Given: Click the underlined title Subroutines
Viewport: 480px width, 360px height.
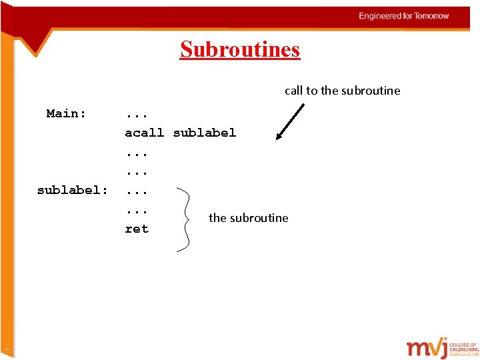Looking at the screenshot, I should [240, 50].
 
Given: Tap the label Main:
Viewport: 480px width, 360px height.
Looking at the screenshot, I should [66, 114].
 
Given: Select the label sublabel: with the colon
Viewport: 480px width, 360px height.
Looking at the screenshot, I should [72, 191].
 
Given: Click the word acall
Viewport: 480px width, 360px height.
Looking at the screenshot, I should [144, 133].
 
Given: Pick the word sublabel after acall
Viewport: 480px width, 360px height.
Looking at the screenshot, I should [204, 133].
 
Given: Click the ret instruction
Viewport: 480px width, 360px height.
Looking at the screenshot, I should [137, 229].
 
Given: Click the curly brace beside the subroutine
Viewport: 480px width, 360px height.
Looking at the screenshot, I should [185, 219].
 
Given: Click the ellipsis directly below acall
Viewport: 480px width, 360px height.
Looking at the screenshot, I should [137, 153].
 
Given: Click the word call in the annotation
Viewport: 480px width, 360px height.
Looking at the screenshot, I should [293, 91].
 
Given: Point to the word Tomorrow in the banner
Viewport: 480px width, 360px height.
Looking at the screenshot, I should [432, 16].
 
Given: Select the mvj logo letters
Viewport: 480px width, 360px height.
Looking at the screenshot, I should [428, 348].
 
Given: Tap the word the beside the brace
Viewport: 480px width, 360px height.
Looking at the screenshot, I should [217, 218].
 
